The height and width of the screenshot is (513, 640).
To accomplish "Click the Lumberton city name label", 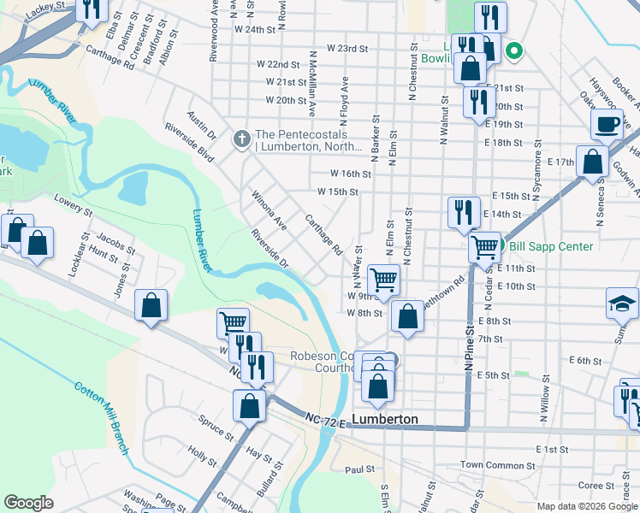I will tap(385, 419).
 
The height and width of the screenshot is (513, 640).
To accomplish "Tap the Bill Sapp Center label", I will tap(551, 246).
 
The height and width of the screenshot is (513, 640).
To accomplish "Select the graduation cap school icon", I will tap(622, 304).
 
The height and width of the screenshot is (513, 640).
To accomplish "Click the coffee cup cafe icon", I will tap(607, 123).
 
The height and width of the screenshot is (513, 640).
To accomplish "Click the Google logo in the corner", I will tap(28, 503).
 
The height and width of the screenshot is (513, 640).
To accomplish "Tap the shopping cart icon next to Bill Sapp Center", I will tap(485, 247).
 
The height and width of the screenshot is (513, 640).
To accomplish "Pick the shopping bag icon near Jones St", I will tap(151, 305).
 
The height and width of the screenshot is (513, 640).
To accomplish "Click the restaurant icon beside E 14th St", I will tap(463, 210).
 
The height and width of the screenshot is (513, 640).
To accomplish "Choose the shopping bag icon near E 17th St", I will tap(591, 161).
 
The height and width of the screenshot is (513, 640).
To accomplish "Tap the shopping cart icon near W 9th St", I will tap(383, 279).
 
